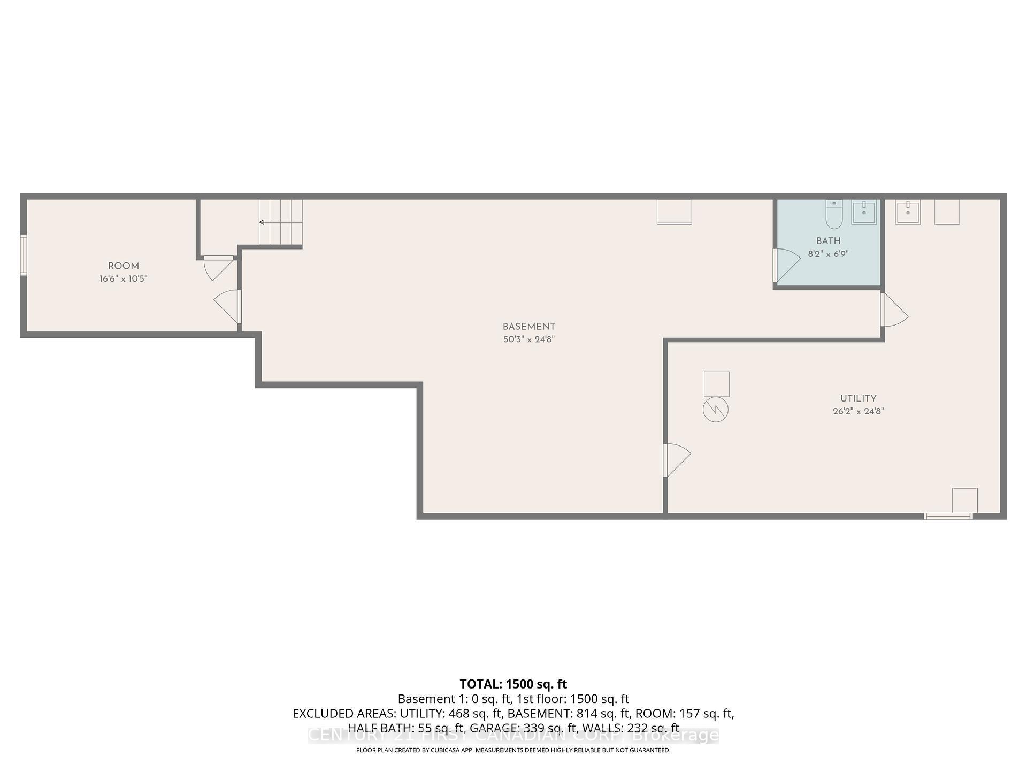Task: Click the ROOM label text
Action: click(124, 266)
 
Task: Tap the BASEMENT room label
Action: click(528, 327)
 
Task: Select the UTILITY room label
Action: click(858, 398)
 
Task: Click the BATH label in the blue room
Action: click(828, 241)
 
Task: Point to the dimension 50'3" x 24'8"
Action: click(528, 339)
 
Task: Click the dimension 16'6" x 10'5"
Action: click(124, 279)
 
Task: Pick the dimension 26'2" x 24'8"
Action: click(858, 412)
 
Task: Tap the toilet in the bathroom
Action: click(834, 214)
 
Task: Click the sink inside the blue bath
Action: click(864, 213)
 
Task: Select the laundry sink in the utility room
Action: click(908, 213)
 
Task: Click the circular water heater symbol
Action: click(716, 410)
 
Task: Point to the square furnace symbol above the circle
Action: click(716, 384)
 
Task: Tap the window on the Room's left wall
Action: click(24, 255)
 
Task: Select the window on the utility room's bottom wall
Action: click(948, 517)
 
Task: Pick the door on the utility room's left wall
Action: click(676, 459)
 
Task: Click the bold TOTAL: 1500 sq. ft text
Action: click(513, 684)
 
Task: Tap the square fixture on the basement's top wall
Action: click(674, 212)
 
